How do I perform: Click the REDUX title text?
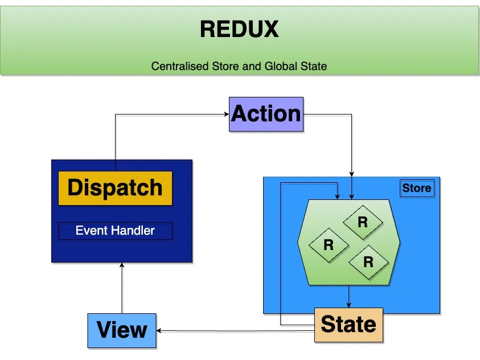pyautogui.click(x=239, y=29)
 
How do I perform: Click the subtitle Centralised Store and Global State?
pyautogui.click(x=239, y=66)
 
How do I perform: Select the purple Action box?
pyautogui.click(x=266, y=114)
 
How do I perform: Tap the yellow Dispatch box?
pyautogui.click(x=115, y=188)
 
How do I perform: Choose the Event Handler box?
pyautogui.click(x=115, y=231)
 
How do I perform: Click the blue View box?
pyautogui.click(x=122, y=330)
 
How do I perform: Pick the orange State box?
pyautogui.click(x=348, y=325)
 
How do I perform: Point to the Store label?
pyautogui.click(x=417, y=188)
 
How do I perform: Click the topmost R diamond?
pyautogui.click(x=362, y=222)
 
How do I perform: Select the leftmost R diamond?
pyautogui.click(x=328, y=245)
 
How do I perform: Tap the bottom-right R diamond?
pyautogui.click(x=368, y=262)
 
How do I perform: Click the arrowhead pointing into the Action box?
pyautogui.click(x=225, y=114)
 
